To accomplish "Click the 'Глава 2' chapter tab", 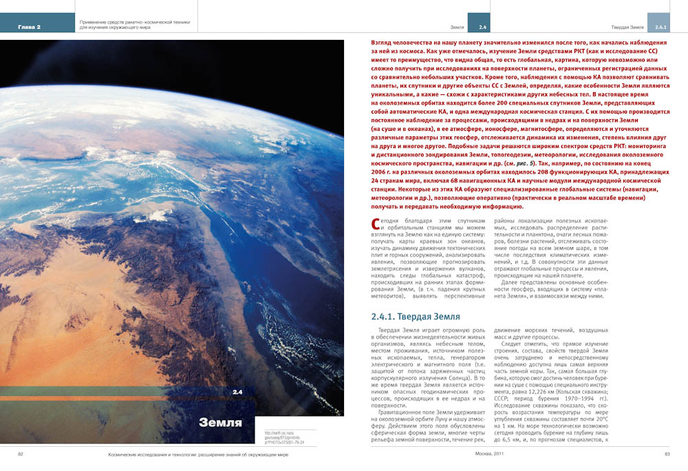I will point(30,27).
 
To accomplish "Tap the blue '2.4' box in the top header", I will point(479,27).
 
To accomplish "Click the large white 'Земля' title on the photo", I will point(220,422).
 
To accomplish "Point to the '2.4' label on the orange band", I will point(237,392).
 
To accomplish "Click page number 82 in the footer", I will point(21,454).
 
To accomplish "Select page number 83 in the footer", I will point(667,454).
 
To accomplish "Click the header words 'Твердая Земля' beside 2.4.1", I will point(627,27).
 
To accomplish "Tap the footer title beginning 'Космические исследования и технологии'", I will point(198,454).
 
